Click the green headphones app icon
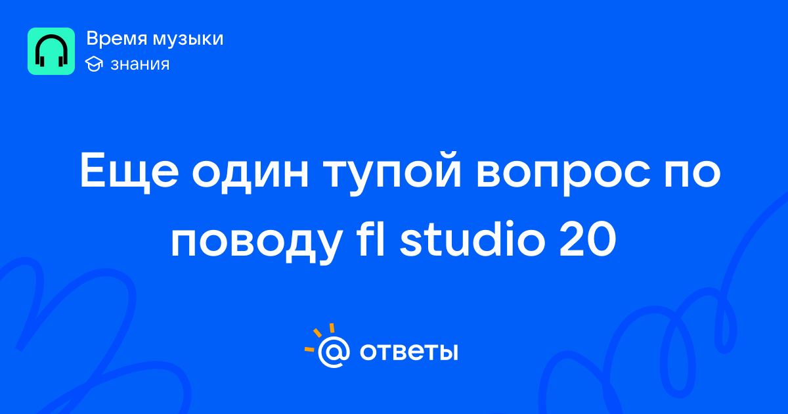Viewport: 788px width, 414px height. click(51, 51)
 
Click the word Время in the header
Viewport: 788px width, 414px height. click(116, 38)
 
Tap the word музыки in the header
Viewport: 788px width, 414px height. click(188, 39)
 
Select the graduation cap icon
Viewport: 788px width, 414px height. click(94, 64)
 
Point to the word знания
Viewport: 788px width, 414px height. click(140, 64)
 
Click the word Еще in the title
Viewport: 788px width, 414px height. click(129, 171)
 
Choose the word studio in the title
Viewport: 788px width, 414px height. click(472, 237)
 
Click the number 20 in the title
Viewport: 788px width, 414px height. click(588, 238)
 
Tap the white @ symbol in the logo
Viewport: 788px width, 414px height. click(334, 352)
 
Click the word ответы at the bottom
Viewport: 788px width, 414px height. click(408, 352)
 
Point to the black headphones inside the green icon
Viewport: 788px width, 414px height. click(51, 51)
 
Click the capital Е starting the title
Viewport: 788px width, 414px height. click(93, 170)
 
